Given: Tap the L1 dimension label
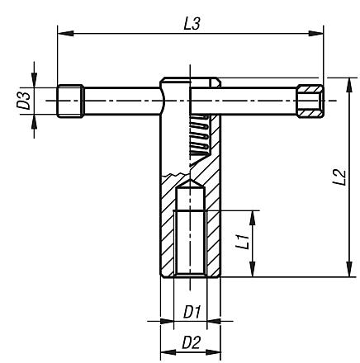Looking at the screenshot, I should tap(241, 243).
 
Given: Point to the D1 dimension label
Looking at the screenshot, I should tap(190, 311).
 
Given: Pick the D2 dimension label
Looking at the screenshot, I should tap(190, 341).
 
